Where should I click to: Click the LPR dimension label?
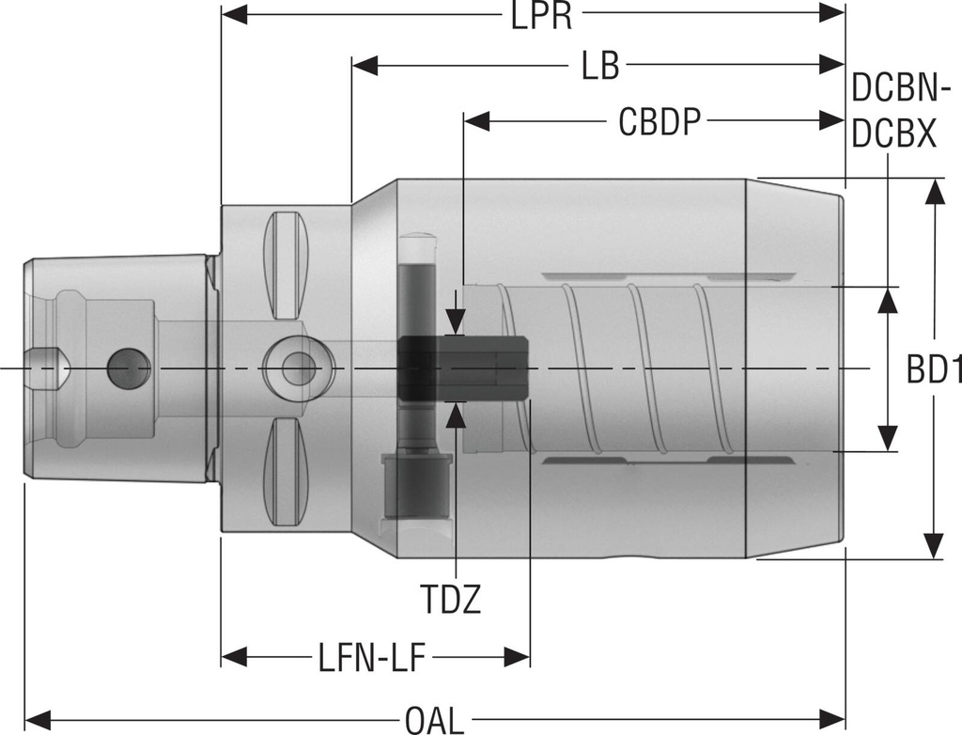tap(542, 16)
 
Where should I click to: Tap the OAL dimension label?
tap(434, 720)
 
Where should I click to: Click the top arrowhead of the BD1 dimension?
tap(933, 191)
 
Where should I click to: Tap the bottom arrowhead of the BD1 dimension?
tap(933, 546)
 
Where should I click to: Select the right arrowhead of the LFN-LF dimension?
tap(518, 655)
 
